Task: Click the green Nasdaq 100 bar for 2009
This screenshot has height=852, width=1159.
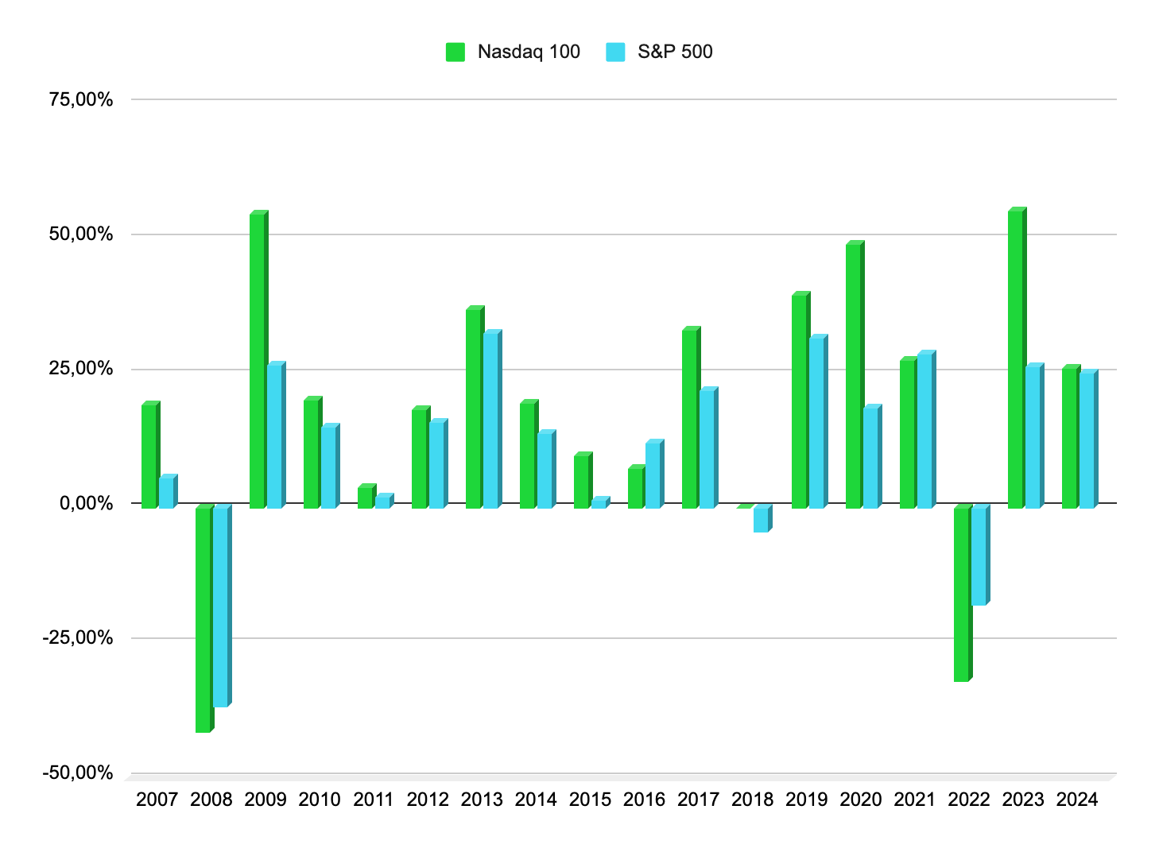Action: (258, 362)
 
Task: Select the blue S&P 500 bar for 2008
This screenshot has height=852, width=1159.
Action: (220, 607)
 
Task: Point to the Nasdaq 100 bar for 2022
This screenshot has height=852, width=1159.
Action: (961, 594)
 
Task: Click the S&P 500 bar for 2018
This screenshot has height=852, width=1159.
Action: (761, 520)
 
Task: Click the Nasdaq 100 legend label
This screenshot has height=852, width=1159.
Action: (529, 52)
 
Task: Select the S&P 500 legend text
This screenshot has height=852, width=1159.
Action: (675, 52)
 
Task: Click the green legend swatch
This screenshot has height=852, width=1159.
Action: (455, 52)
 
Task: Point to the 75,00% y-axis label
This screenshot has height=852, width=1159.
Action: (81, 100)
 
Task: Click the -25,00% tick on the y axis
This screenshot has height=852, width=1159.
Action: (81, 638)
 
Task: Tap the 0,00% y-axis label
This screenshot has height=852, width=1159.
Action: (87, 504)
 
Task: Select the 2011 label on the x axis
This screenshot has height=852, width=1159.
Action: (374, 800)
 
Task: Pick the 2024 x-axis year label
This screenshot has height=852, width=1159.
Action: (1077, 800)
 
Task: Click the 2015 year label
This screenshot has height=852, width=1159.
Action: (590, 800)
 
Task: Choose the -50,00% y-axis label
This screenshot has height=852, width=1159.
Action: (81, 773)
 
